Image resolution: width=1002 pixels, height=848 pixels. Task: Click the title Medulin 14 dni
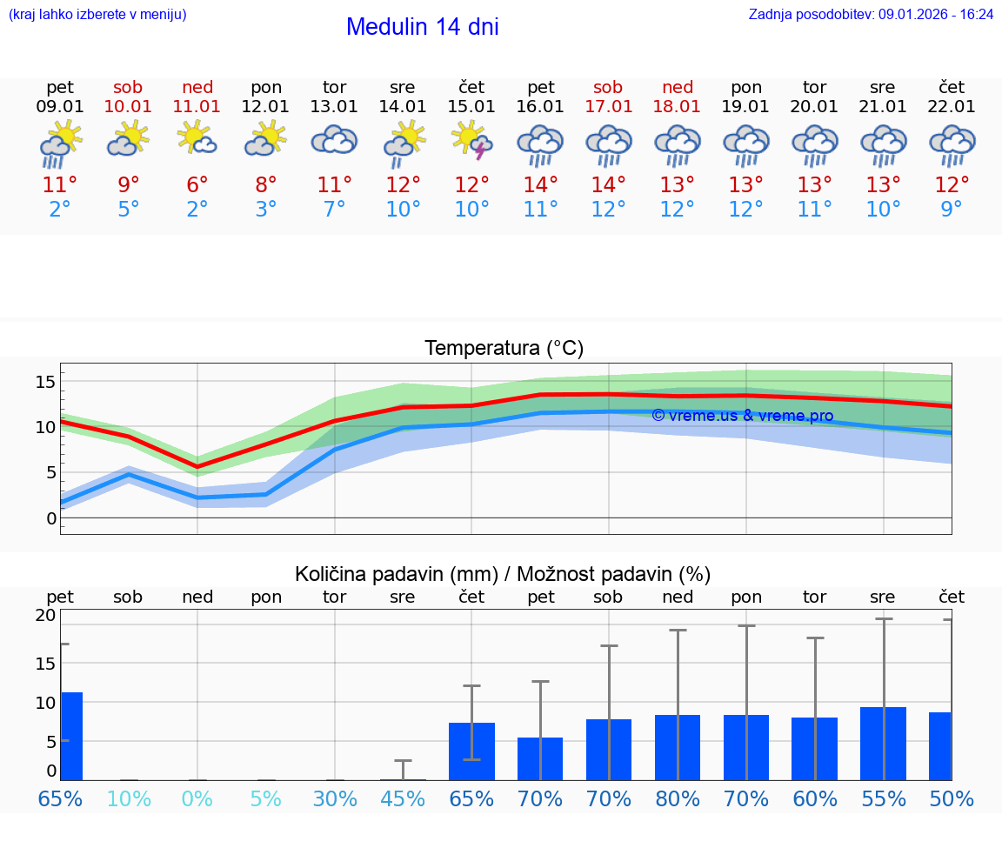[422, 27]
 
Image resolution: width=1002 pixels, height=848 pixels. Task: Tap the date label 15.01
[471, 107]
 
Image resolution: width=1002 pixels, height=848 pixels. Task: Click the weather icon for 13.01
[334, 141]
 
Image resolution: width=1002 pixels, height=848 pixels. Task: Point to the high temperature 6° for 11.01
[197, 185]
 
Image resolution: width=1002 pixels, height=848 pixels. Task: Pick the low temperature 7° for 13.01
[334, 210]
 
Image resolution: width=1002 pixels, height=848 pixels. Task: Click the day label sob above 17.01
[608, 87]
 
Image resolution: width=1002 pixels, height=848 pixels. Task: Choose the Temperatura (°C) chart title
[504, 349]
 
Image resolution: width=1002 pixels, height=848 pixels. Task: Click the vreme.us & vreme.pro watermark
[742, 416]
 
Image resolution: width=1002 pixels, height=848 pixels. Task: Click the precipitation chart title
[503, 574]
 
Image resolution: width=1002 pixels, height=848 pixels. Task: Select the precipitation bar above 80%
[678, 747]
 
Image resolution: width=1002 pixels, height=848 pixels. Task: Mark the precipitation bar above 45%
[403, 778]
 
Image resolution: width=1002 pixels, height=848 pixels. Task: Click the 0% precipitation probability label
[197, 798]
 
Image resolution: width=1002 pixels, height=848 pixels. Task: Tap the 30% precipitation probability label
[335, 798]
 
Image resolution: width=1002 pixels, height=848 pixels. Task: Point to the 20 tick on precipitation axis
[45, 615]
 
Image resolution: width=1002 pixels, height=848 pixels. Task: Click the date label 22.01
[952, 107]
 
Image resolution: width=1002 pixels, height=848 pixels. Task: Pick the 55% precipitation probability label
[884, 798]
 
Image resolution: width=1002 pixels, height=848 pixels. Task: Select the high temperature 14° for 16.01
[540, 185]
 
